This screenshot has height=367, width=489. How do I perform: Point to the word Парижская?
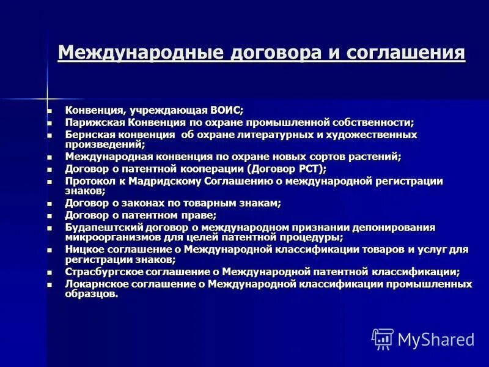click(x=92, y=122)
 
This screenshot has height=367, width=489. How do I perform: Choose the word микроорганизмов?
click(x=108, y=237)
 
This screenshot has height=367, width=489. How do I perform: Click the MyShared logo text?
click(x=436, y=339)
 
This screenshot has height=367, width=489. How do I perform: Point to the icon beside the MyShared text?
click(x=383, y=339)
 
